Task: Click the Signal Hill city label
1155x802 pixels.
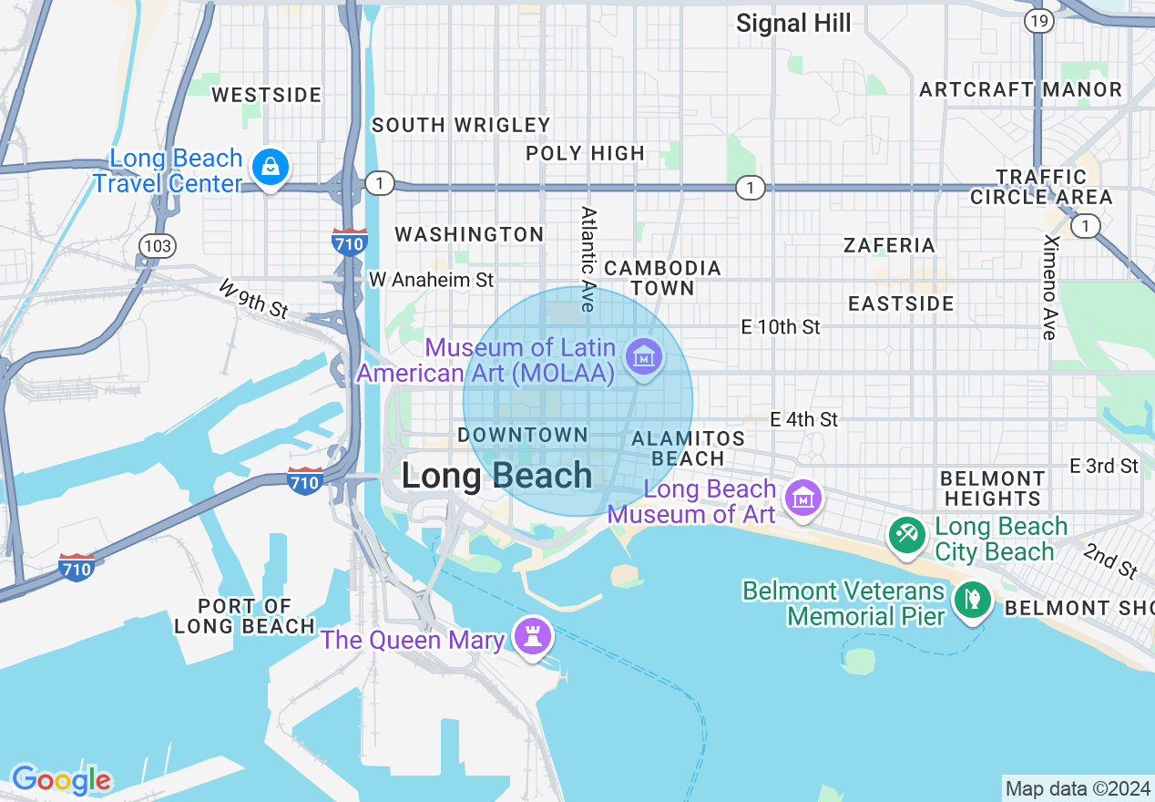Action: click(x=793, y=24)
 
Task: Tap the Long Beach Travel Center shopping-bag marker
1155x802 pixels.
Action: click(x=271, y=167)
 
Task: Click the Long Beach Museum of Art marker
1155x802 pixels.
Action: click(x=803, y=499)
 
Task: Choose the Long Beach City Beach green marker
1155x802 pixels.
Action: click(x=906, y=534)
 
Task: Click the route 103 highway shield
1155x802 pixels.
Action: click(x=157, y=245)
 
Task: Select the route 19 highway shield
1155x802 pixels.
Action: click(x=1037, y=20)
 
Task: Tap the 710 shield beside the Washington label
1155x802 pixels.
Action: click(x=350, y=242)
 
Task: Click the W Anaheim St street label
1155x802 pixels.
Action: click(x=431, y=280)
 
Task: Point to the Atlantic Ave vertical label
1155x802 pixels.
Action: click(x=588, y=259)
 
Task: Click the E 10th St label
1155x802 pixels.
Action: click(x=781, y=326)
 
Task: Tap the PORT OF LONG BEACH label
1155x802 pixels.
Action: click(x=245, y=616)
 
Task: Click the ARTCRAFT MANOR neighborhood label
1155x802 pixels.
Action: click(x=1020, y=89)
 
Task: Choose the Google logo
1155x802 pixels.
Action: click(x=61, y=780)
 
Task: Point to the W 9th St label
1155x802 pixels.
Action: click(x=254, y=300)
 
